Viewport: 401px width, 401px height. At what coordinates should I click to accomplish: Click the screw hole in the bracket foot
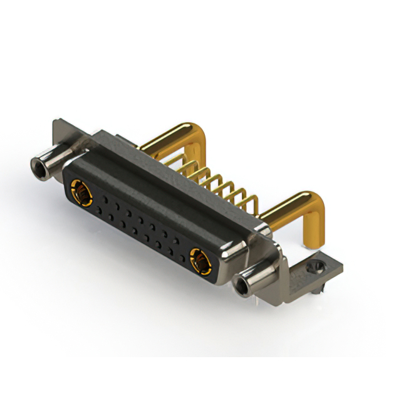coord(315,268)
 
